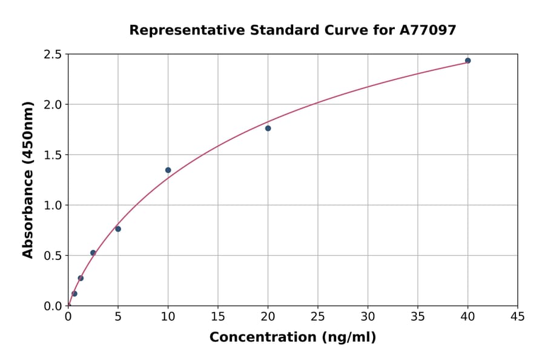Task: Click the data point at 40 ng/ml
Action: [467, 61]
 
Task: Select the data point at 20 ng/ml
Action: [268, 128]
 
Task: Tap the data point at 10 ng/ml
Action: [168, 170]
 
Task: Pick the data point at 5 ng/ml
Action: [118, 229]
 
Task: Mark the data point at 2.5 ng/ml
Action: [93, 253]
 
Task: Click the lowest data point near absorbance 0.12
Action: [74, 293]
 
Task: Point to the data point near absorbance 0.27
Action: [81, 278]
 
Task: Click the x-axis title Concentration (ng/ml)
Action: [292, 338]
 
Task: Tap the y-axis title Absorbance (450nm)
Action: [28, 179]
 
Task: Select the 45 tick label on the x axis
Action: [517, 316]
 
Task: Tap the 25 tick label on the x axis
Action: [317, 316]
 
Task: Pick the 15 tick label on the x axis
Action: [217, 316]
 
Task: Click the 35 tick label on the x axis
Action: [417, 316]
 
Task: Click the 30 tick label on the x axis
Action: [368, 316]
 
